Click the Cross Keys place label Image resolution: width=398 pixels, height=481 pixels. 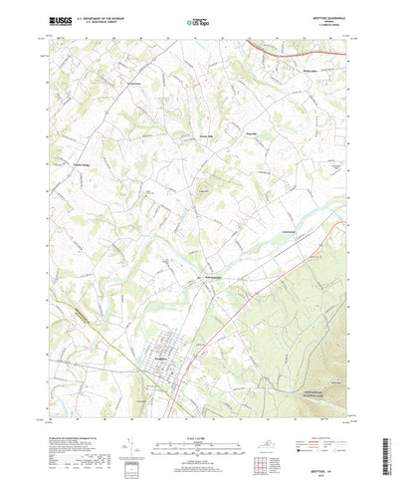(131, 84)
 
